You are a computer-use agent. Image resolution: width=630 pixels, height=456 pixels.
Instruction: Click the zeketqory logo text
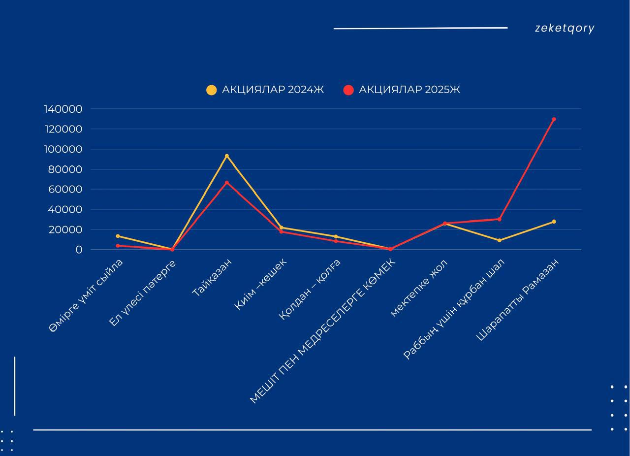coord(565,29)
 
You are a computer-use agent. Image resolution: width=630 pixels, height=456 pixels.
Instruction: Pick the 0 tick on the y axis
coord(79,250)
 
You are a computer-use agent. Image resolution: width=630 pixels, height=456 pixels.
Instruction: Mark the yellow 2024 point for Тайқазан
coord(227,156)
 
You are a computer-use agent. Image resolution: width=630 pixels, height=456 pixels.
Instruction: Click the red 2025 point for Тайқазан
coord(227,183)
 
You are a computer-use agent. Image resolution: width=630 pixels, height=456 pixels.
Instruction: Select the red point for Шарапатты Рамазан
coord(554,119)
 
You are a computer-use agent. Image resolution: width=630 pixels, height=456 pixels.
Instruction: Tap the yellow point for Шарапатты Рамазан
coord(554,222)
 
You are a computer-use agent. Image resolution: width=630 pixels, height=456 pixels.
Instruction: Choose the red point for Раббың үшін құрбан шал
coord(499,219)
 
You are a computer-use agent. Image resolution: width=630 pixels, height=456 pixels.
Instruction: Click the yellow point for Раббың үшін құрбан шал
coord(499,240)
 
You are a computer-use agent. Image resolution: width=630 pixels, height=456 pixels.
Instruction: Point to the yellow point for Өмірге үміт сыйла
coord(118,236)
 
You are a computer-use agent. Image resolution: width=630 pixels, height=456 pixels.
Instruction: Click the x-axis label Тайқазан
coord(212,277)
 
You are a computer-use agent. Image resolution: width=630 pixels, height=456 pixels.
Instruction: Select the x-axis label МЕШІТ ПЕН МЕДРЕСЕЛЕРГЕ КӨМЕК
coord(323,330)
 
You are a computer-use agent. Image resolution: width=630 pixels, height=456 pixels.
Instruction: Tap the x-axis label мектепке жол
coord(419,288)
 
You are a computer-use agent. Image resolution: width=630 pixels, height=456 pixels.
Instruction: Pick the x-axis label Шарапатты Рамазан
coord(518,300)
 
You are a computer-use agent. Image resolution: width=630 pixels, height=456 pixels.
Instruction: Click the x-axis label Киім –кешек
coord(260,284)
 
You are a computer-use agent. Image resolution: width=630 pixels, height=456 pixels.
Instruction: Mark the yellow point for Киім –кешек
coord(281,228)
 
